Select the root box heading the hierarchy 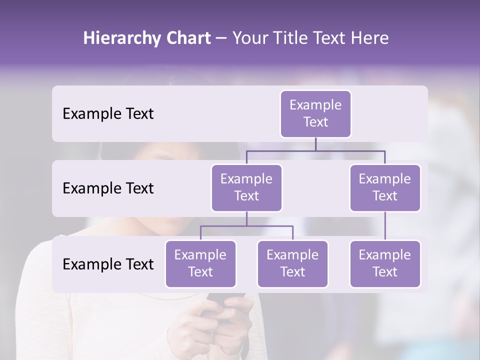tap(315, 113)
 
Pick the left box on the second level tap(246, 187)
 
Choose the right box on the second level tap(385, 187)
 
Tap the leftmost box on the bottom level tap(200, 263)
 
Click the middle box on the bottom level tap(292, 263)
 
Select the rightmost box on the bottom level tap(385, 263)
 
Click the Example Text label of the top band tap(108, 114)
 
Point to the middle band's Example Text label tap(108, 188)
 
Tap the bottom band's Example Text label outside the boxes tap(108, 264)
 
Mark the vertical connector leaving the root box tap(315, 144)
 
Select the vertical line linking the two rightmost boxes tap(385, 226)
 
